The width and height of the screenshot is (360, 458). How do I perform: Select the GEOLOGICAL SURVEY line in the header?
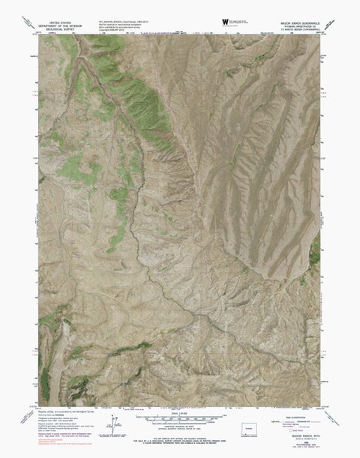[61, 31]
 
